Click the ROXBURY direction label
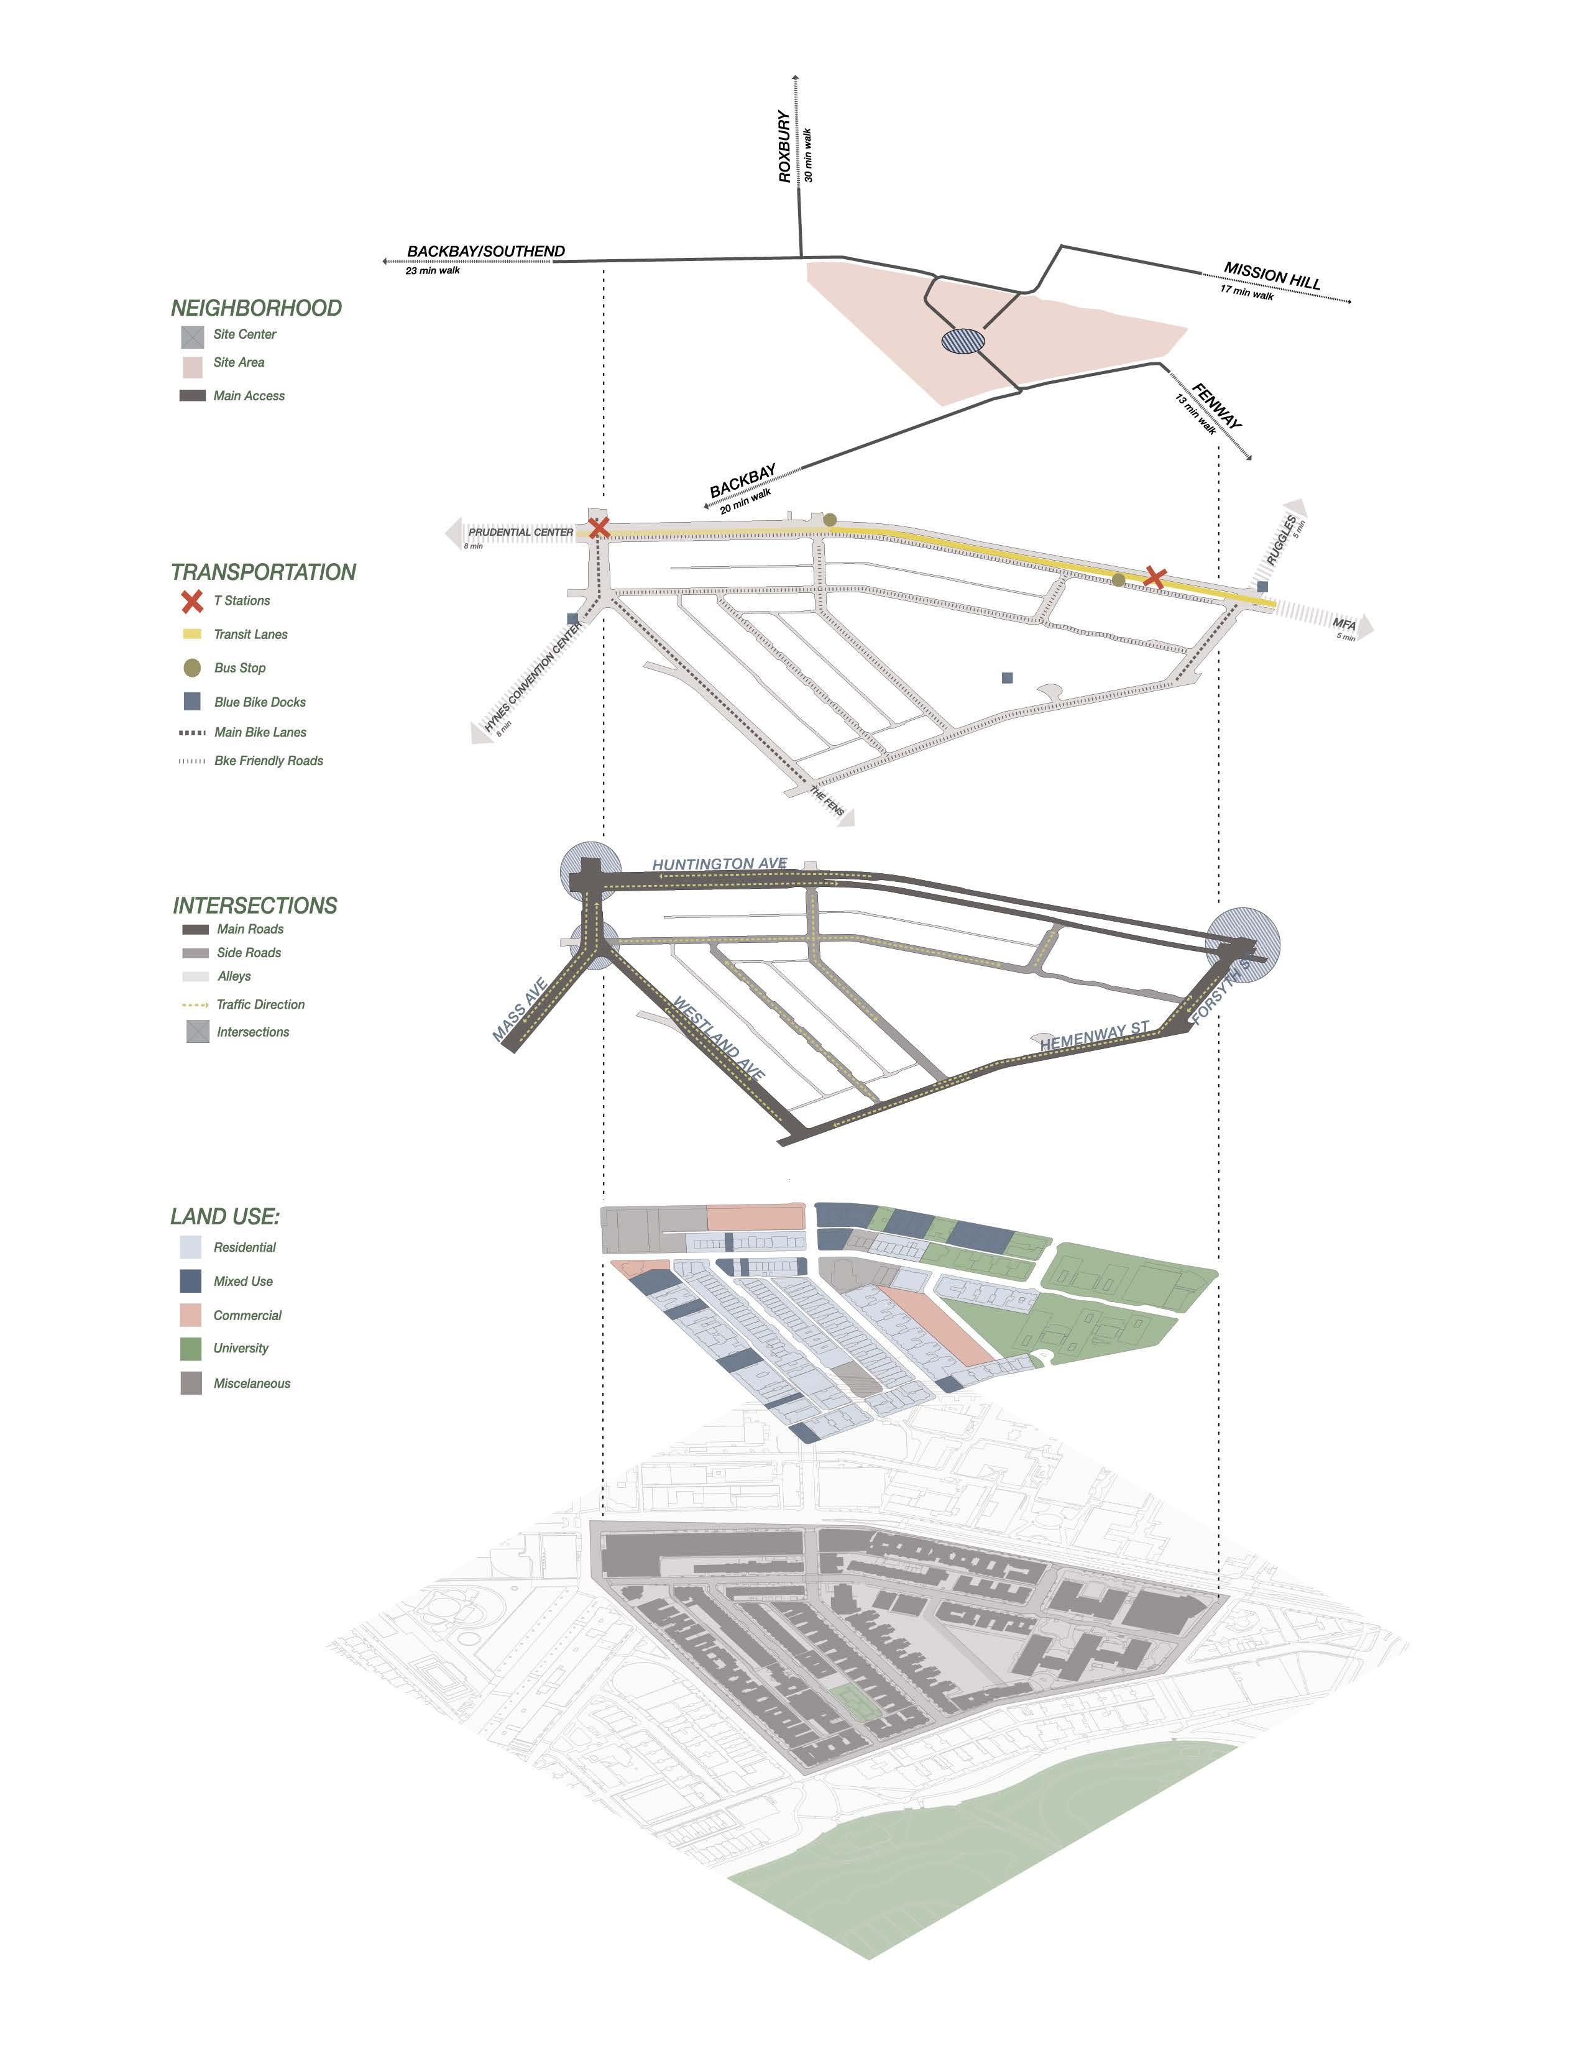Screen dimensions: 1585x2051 (x=784, y=147)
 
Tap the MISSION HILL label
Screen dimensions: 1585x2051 (x=1272, y=275)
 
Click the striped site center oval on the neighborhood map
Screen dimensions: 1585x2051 (x=963, y=341)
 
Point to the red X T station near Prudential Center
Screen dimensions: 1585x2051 (x=598, y=528)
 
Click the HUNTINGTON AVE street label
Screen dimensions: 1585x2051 (x=719, y=864)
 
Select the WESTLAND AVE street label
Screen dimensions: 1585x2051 (x=719, y=1040)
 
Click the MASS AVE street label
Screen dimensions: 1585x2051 (x=519, y=1011)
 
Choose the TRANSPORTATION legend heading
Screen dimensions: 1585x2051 (x=263, y=572)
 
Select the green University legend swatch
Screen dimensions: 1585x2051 (x=191, y=1349)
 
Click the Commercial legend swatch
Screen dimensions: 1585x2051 (x=191, y=1315)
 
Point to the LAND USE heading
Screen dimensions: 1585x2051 (x=226, y=1216)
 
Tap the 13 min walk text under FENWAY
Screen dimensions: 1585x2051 (x=1195, y=414)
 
